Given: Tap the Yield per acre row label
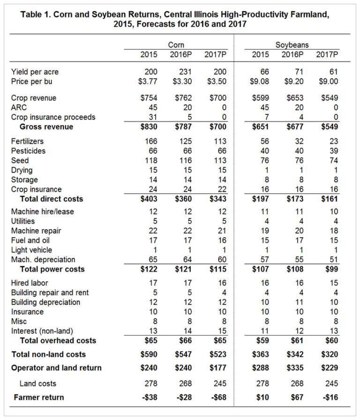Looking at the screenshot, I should tap(35, 72).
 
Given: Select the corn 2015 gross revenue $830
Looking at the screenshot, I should tap(149, 126).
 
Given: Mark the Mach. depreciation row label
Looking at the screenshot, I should tap(43, 259).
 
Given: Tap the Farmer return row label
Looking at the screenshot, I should tap(39, 397).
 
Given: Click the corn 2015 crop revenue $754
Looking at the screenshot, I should tap(149, 98).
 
